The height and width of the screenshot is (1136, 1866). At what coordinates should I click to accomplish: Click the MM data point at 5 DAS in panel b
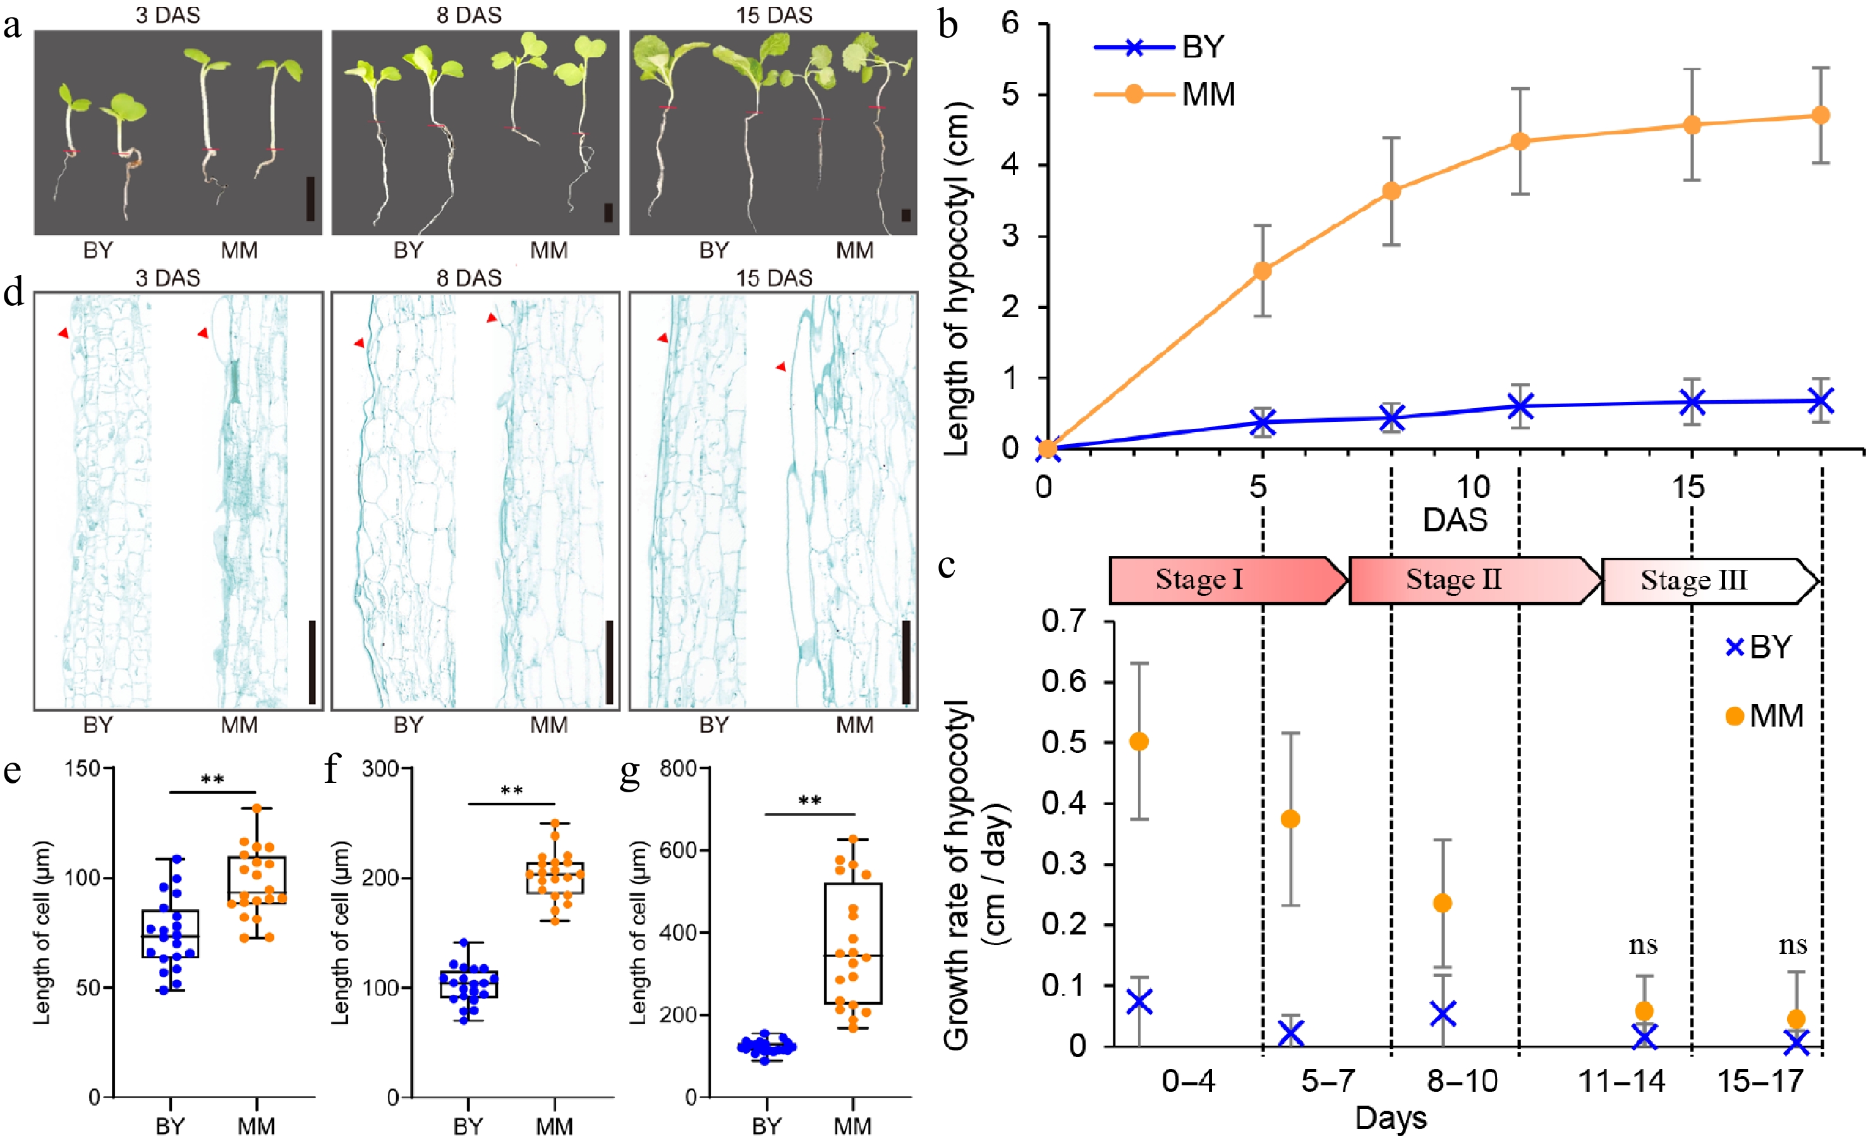click(x=1263, y=270)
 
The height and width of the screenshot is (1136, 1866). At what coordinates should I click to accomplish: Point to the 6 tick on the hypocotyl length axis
click(x=1010, y=23)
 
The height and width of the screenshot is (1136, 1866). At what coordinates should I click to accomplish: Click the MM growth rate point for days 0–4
click(x=1139, y=741)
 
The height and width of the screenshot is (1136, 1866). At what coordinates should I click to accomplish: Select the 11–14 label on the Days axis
click(x=1621, y=1082)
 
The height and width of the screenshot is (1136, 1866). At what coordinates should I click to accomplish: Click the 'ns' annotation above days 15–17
click(x=1793, y=945)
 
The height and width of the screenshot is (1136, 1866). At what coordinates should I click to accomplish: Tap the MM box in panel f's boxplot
click(x=555, y=878)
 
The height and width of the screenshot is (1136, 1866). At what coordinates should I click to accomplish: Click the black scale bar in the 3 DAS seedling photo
click(x=310, y=198)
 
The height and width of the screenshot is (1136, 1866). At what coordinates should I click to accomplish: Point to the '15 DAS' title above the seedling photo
click(x=774, y=15)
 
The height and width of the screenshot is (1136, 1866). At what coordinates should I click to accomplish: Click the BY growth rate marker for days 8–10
click(x=1443, y=1013)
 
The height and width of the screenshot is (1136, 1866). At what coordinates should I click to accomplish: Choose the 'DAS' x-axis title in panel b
click(x=1455, y=520)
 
